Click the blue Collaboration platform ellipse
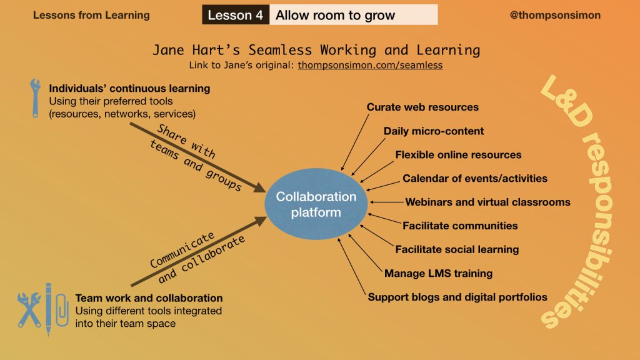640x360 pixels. click(x=316, y=204)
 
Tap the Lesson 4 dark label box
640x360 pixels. click(x=236, y=15)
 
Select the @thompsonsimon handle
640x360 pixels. click(x=555, y=15)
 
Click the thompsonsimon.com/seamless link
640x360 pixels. click(x=370, y=64)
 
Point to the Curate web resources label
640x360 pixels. click(x=422, y=107)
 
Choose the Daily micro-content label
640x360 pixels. click(x=434, y=131)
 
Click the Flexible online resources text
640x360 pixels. click(x=458, y=154)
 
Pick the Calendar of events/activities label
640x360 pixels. click(x=475, y=178)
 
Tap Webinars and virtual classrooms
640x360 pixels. click(x=487, y=202)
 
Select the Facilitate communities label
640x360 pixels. click(x=460, y=226)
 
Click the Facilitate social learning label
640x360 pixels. click(x=457, y=249)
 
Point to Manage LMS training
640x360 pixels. click(x=438, y=273)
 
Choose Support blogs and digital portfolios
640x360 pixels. click(x=457, y=297)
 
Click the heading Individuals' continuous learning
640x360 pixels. click(x=129, y=88)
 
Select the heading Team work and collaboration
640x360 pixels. click(x=149, y=298)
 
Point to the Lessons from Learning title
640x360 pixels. click(x=91, y=15)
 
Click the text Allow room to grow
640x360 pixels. click(x=335, y=15)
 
